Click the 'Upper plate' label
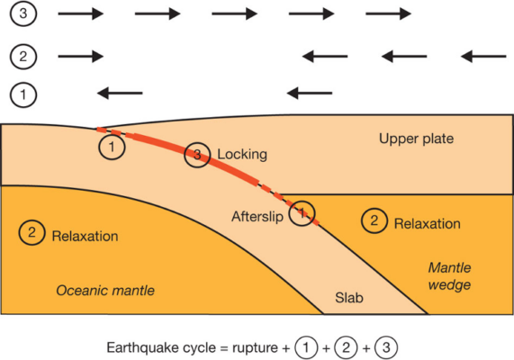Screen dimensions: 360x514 click(416, 139)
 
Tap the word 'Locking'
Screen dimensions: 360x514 click(241, 155)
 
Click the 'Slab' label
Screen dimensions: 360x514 click(348, 297)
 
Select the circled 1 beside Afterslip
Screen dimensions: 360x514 click(303, 213)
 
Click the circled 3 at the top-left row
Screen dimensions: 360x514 click(23, 14)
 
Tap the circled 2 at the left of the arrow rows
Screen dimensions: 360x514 click(23, 56)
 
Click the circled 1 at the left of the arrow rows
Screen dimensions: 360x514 click(23, 93)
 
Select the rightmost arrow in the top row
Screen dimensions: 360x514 click(389, 14)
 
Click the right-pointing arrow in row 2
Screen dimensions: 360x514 click(81, 56)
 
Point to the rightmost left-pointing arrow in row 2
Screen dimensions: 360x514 click(483, 56)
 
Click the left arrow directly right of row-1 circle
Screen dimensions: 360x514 click(119, 92)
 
